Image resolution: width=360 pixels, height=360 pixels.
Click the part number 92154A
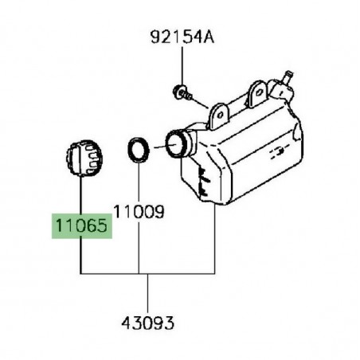coord(180,37)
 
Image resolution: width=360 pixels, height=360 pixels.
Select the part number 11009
coord(139,213)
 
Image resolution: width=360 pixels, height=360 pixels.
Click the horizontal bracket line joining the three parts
coord(148,274)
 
